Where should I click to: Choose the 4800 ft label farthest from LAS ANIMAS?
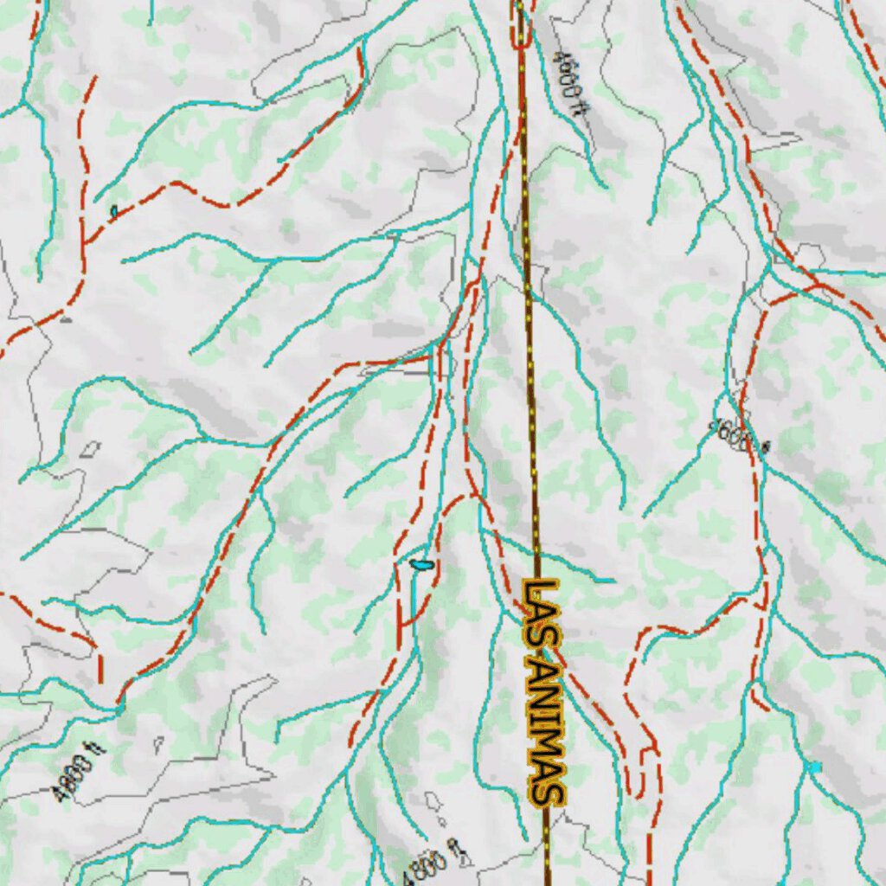tap(78, 775)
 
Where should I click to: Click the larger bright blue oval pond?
tap(421, 565)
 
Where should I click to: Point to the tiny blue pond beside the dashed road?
tap(113, 210)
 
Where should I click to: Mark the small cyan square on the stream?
tap(813, 767)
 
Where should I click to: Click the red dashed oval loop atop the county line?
tap(522, 23)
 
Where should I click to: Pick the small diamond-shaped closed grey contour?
tap(90, 449)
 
